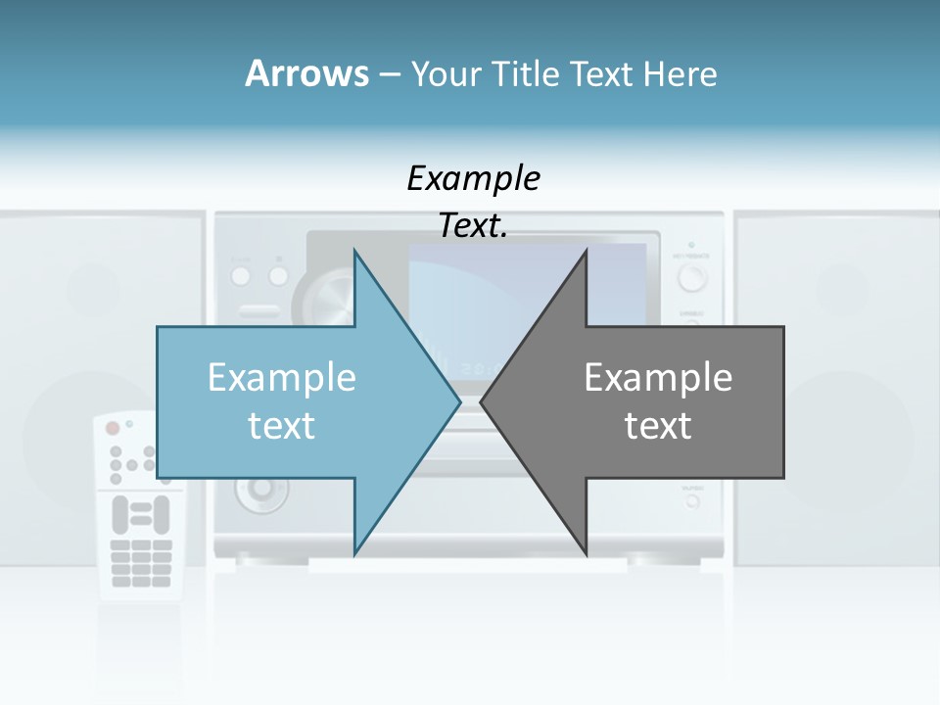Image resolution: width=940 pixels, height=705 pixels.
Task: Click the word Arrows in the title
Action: tap(305, 73)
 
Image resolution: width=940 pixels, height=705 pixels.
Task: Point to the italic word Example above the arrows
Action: tap(473, 178)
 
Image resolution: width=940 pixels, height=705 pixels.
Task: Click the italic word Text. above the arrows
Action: tap(473, 226)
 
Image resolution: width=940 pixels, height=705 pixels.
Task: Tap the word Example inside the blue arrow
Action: tap(282, 377)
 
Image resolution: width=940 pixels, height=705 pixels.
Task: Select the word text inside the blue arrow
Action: tap(282, 425)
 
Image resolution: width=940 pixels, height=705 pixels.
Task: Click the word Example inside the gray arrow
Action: tap(658, 377)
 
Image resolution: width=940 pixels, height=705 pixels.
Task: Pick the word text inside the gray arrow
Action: tap(658, 425)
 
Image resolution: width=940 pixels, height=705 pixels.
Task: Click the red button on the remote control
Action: tap(112, 428)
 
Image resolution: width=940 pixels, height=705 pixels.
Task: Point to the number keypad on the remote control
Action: tap(141, 562)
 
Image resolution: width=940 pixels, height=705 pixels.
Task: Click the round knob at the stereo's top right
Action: tap(692, 278)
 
